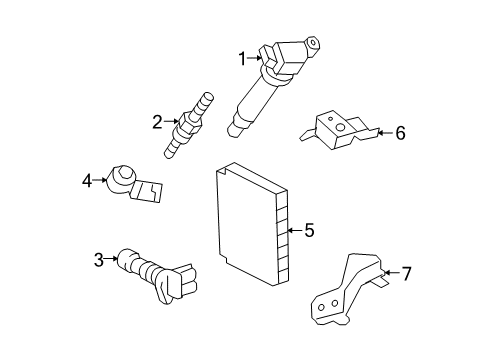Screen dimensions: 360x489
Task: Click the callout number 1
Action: point(241,59)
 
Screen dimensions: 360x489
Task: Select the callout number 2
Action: point(156,123)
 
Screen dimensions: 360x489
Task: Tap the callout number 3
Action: point(99,261)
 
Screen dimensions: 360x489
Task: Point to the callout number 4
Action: point(87,181)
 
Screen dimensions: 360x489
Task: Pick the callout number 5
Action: point(309,231)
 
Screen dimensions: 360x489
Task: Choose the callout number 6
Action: point(400,132)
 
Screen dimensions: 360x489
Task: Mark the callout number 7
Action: point(406,272)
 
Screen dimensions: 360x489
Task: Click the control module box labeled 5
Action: point(250,221)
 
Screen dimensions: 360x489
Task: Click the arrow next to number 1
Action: point(254,59)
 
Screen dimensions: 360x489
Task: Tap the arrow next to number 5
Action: point(293,231)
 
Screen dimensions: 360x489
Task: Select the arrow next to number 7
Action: point(390,272)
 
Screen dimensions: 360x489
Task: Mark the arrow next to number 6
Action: point(384,132)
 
